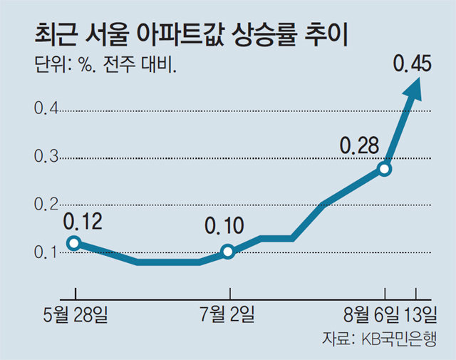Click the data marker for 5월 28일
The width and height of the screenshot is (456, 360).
74,242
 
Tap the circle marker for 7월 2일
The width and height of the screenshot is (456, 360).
228,251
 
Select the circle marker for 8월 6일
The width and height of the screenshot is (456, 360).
385,169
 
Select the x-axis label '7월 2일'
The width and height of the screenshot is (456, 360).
229,314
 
